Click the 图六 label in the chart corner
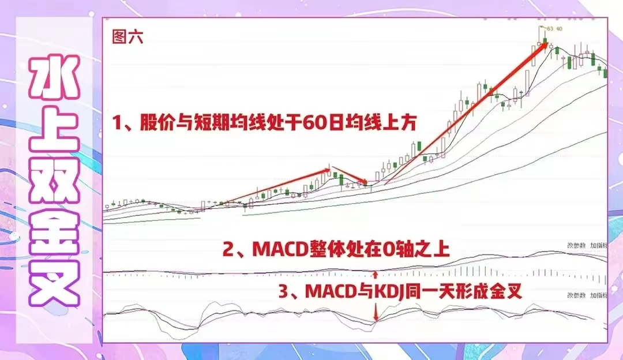127,37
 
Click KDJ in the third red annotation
389,292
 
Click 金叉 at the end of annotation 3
507,292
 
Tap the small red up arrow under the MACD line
376,275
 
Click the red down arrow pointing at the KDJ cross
376,314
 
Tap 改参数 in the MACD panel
576,245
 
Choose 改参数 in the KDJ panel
576,295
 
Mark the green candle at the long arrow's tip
545,40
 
